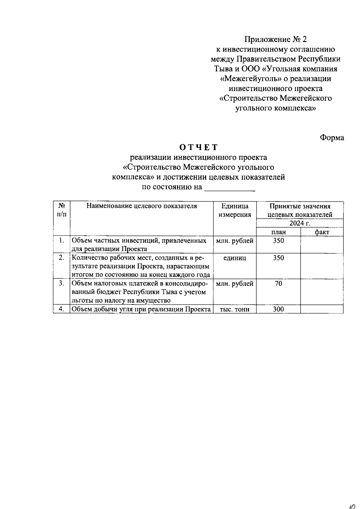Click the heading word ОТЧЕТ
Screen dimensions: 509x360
[198, 147]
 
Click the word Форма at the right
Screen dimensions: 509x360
[332, 137]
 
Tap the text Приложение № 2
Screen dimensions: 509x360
[276, 39]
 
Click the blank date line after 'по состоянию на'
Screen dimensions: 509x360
[229, 188]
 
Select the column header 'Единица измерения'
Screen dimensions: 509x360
[235, 210]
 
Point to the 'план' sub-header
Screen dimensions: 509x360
[278, 232]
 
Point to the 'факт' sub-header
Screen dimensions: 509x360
[322, 232]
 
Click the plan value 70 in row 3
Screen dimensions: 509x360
[278, 283]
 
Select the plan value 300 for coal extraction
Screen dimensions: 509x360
[278, 309]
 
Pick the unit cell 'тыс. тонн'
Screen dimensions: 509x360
[235, 310]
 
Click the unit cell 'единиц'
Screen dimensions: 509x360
[235, 258]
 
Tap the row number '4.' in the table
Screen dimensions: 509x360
[61, 309]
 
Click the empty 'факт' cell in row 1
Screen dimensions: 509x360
[322, 244]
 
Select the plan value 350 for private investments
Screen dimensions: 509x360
[278, 241]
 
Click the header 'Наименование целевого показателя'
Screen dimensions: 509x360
[142, 206]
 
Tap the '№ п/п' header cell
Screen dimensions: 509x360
[61, 210]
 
